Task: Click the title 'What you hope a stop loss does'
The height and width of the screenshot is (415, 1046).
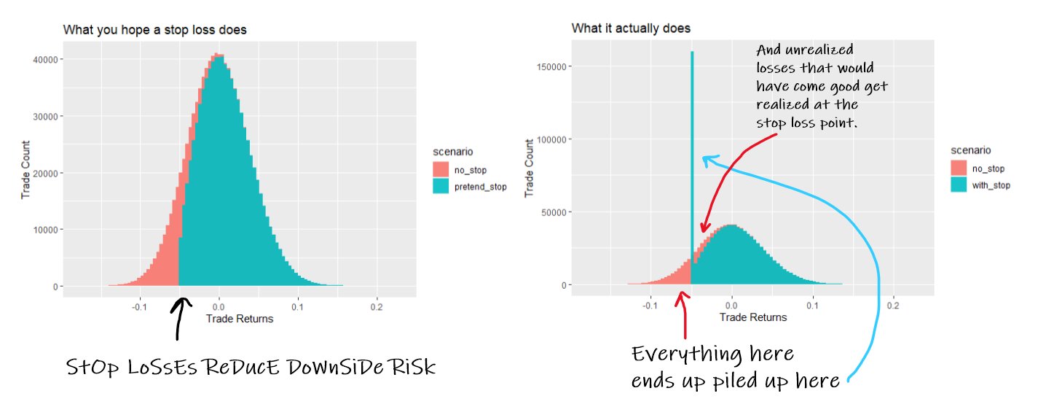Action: point(154,31)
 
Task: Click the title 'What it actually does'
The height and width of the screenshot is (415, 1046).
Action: point(631,28)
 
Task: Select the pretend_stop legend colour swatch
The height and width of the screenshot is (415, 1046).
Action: point(441,187)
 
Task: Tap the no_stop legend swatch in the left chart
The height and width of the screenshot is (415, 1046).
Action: point(441,170)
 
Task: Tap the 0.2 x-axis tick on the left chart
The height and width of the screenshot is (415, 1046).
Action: point(376,307)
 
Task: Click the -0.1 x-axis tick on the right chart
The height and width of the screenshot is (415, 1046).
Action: point(650,306)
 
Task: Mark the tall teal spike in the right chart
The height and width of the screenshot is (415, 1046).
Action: point(692,146)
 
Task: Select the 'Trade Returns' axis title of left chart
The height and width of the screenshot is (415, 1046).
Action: point(240,319)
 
